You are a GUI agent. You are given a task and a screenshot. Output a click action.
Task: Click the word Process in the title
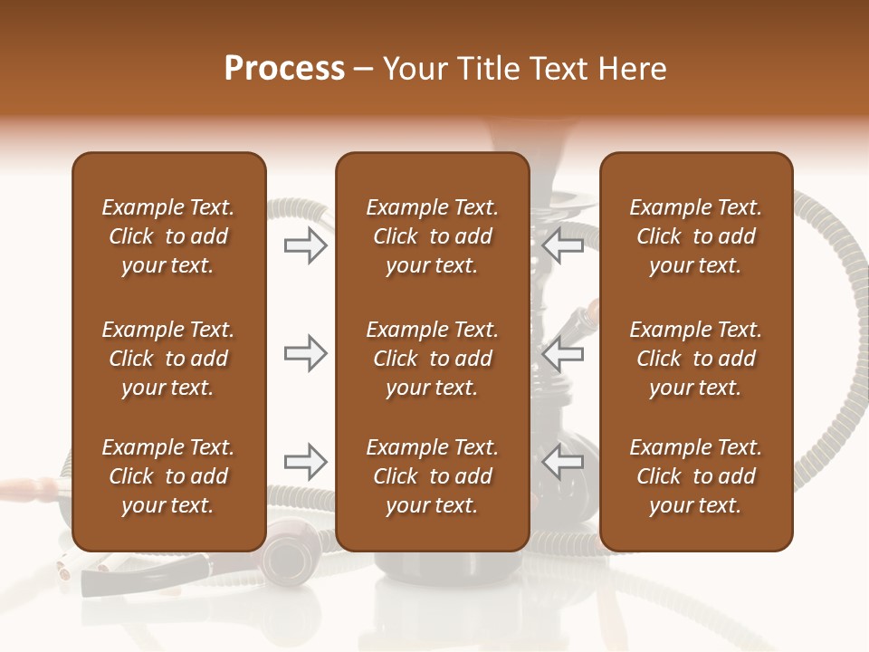point(284,69)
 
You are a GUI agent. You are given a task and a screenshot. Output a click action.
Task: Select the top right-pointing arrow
point(306,245)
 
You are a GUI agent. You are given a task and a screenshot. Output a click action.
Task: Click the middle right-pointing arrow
point(306,353)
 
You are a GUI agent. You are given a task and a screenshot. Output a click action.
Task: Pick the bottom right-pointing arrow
point(306,462)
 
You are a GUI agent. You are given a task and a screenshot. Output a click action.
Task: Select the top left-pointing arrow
point(562,245)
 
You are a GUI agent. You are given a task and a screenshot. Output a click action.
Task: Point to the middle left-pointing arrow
point(562,353)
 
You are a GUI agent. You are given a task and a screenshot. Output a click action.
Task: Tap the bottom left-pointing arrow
point(562,462)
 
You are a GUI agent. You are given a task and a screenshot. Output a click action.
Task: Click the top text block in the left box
point(168,236)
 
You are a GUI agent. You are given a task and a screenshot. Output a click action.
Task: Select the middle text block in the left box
point(168,359)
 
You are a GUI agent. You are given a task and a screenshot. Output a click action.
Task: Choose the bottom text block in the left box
point(168,476)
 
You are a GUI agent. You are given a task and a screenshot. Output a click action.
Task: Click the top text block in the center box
point(432,236)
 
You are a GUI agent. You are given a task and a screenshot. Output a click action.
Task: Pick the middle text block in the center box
point(432,359)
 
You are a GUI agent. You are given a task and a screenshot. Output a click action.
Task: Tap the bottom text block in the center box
point(432,476)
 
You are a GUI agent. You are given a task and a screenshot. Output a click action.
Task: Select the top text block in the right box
point(696,236)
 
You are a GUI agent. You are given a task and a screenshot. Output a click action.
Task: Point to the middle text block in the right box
point(696,359)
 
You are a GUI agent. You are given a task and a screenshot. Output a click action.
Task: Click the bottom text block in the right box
point(696,476)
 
